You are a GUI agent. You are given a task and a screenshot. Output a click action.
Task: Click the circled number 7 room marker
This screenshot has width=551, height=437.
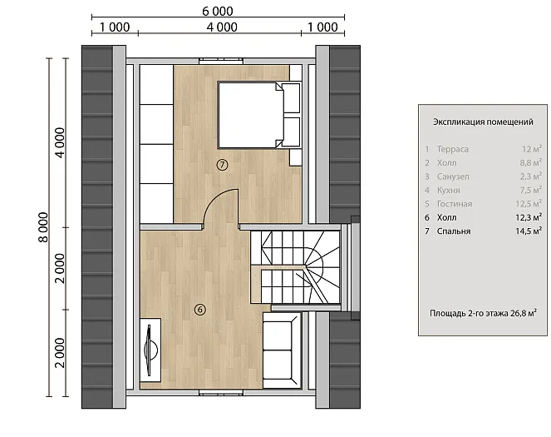222,164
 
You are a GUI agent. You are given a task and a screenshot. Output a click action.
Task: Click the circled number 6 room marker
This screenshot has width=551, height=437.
200,310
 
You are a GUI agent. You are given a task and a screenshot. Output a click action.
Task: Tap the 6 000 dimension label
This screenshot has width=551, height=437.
218,12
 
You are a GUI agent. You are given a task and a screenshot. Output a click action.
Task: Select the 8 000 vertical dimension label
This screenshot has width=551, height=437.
43,227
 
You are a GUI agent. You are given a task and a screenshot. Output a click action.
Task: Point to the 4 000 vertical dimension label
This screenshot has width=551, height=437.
60,142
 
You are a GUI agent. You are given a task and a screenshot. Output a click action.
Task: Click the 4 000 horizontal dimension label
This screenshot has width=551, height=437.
222,27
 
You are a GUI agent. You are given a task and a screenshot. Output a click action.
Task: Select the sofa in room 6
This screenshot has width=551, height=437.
283,350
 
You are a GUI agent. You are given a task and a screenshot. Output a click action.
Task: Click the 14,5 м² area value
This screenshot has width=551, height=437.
529,231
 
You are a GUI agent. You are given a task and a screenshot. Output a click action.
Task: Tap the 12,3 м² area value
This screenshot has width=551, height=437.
529,217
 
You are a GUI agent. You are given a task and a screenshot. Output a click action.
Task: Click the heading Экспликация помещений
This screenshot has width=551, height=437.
483,122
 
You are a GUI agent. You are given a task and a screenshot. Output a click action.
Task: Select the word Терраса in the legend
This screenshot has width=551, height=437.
453,149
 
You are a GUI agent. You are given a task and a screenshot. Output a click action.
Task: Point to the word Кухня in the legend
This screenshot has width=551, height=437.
449,191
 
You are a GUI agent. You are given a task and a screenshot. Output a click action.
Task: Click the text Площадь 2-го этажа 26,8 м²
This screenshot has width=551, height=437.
483,313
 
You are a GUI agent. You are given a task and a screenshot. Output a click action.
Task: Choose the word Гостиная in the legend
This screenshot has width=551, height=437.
455,204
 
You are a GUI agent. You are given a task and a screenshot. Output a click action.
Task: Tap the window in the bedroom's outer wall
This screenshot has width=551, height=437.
221,61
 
